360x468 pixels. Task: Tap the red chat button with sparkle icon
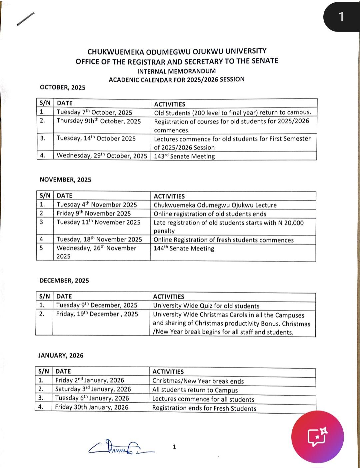(x=317, y=436)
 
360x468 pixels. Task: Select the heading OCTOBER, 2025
(x=63, y=87)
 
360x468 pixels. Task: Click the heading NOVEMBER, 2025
(x=65, y=180)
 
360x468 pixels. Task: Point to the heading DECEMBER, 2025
(x=64, y=281)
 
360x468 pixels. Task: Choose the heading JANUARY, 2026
(x=61, y=355)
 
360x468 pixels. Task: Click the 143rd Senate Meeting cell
(x=184, y=156)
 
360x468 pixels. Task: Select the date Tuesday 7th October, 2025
(x=94, y=112)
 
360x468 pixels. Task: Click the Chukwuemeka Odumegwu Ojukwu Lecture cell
(x=215, y=205)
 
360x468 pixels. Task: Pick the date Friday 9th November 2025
(x=94, y=213)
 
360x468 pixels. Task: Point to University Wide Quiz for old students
(x=206, y=306)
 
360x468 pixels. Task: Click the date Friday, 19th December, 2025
(x=97, y=314)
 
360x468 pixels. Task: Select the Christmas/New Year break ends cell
(x=198, y=381)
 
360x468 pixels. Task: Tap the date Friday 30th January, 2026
(x=92, y=407)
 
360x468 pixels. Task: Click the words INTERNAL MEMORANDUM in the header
(x=176, y=71)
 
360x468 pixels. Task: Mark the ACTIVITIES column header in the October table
(x=170, y=104)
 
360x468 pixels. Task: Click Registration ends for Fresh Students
(x=204, y=408)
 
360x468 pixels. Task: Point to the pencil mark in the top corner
(x=25, y=19)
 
